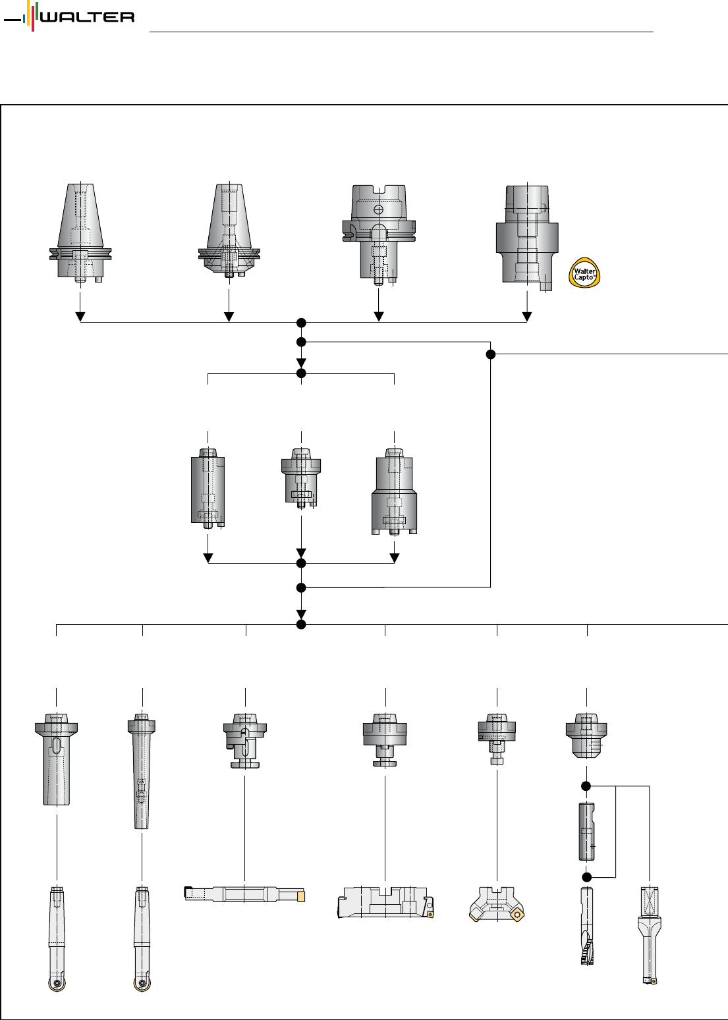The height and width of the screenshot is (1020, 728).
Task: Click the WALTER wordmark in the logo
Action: [87, 17]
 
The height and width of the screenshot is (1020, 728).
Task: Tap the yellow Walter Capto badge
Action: [584, 273]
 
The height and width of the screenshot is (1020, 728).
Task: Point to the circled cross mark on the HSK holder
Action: [378, 210]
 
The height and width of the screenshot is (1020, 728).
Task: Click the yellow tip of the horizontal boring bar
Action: [301, 896]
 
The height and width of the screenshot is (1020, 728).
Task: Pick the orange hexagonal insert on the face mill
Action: [518, 914]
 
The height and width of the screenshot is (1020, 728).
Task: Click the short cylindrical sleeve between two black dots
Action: [586, 830]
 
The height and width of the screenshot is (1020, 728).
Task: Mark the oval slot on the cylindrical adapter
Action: [57, 747]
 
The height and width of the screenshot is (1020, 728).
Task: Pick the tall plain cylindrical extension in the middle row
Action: [208, 489]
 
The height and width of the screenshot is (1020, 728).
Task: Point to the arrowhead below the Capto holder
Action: [527, 317]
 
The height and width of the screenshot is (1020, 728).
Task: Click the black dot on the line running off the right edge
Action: [491, 354]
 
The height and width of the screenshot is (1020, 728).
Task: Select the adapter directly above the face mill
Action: [497, 738]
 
